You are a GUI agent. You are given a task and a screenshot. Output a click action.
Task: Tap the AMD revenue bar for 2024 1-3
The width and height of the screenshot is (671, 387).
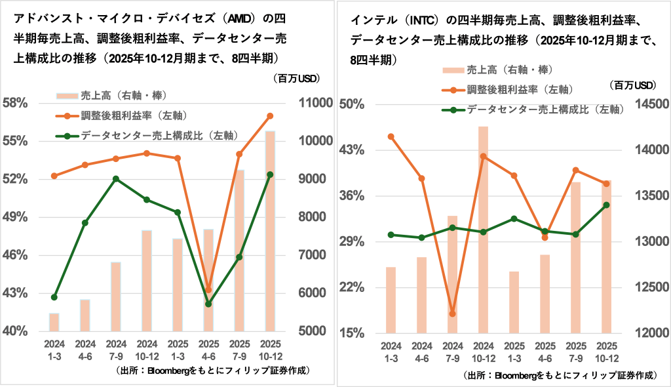(54, 322)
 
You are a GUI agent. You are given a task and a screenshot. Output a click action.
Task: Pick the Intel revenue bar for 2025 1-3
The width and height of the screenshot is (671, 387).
(514, 302)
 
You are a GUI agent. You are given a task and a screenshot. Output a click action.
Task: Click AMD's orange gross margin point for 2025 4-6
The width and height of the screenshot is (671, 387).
(209, 290)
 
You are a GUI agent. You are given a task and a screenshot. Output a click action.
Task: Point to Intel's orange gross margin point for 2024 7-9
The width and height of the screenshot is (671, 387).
(452, 314)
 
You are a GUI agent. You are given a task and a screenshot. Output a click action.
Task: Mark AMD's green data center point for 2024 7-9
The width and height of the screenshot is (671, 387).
(116, 178)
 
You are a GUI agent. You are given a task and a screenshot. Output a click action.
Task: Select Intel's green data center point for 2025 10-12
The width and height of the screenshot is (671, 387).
(606, 205)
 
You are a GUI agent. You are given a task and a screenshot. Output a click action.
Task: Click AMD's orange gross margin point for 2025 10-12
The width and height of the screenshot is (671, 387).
(270, 116)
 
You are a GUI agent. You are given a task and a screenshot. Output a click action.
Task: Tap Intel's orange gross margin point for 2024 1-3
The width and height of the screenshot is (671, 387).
(391, 136)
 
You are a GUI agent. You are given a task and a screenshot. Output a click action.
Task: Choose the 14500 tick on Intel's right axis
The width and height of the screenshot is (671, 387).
(651, 104)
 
